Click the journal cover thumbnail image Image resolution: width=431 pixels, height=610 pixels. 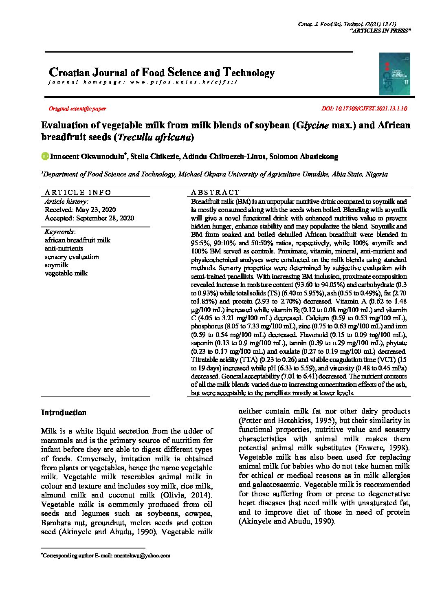coord(394,74)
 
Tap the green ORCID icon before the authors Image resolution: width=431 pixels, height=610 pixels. coord(45,156)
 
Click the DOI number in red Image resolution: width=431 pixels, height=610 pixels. coord(364,109)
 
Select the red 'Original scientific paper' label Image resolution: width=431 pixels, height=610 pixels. coord(77,109)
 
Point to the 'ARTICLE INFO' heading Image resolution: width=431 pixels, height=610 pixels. coord(78,192)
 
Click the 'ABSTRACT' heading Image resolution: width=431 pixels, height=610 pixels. coord(215,192)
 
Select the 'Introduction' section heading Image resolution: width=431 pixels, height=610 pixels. coord(64,413)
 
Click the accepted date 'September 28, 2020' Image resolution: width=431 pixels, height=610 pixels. coord(105,218)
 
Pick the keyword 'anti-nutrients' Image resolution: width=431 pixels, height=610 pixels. coord(64,249)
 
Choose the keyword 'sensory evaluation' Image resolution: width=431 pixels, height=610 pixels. coord(72,257)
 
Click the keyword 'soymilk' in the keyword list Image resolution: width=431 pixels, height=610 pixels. coord(56,265)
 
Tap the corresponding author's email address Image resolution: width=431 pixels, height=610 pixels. coord(142,555)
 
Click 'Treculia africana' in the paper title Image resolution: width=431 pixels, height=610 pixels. coord(154,137)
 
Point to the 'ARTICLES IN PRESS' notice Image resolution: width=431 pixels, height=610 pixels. coord(380,31)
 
